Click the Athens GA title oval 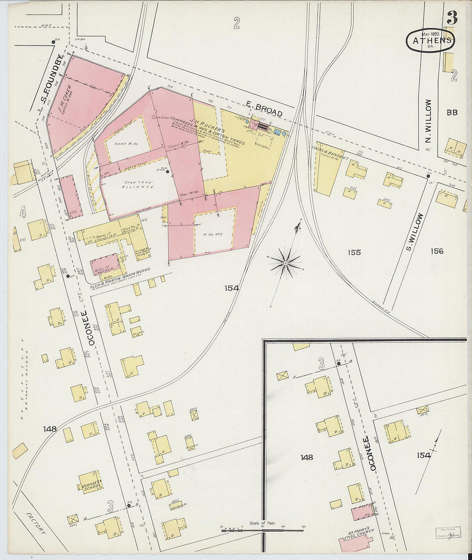(x=430, y=41)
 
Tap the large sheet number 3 (x=451, y=18)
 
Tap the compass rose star (x=285, y=261)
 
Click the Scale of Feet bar (x=263, y=530)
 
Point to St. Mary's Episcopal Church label (x=360, y=533)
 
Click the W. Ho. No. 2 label (x=215, y=234)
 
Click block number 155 (x=354, y=252)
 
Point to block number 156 (x=436, y=251)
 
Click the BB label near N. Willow (x=452, y=112)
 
